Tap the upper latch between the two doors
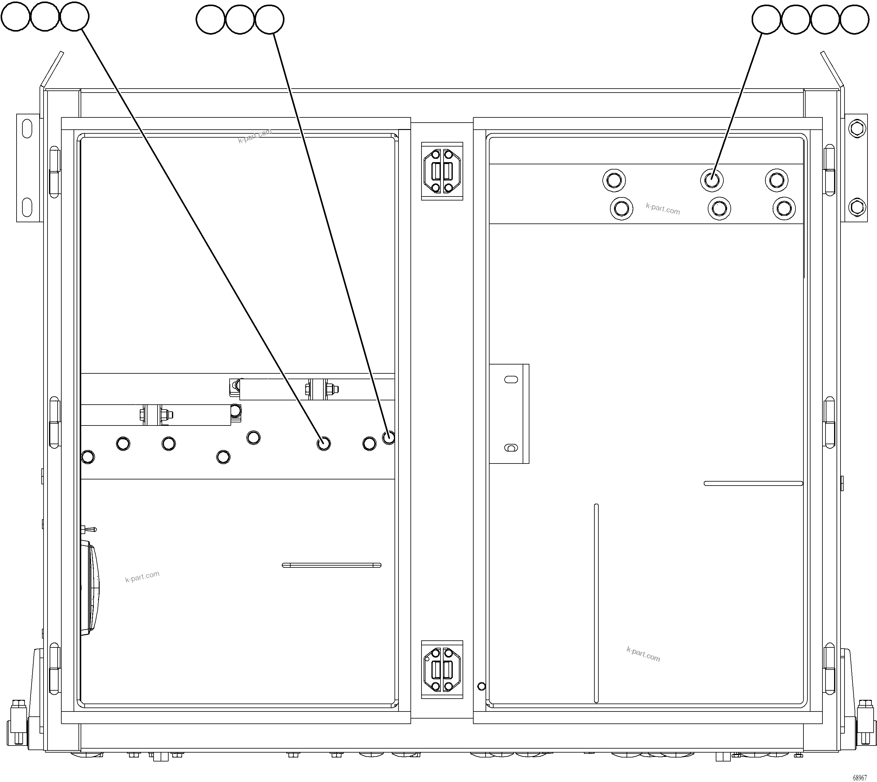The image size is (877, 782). (x=442, y=171)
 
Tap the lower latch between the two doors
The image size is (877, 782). (x=442, y=669)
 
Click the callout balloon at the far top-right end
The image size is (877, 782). (x=854, y=19)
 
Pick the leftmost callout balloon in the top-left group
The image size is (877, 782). (x=15, y=16)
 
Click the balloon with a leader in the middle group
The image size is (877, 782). (x=269, y=19)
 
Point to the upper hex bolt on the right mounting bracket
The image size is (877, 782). (x=857, y=128)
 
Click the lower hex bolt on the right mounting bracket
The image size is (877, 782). (x=857, y=208)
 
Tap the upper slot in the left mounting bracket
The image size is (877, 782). (x=27, y=129)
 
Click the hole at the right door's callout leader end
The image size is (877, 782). (x=711, y=180)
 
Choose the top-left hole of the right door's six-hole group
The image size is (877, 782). (x=614, y=180)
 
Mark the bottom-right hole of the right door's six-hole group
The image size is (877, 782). (x=784, y=208)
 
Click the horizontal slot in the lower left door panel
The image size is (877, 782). (x=331, y=565)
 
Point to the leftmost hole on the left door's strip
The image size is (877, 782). (x=88, y=457)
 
